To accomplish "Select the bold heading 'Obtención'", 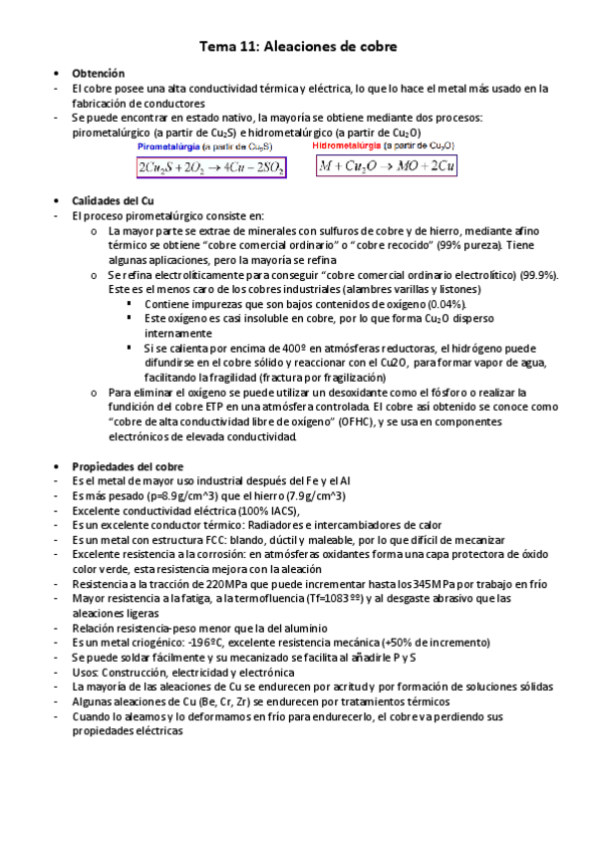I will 98,74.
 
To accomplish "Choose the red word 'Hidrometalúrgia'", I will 347,145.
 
